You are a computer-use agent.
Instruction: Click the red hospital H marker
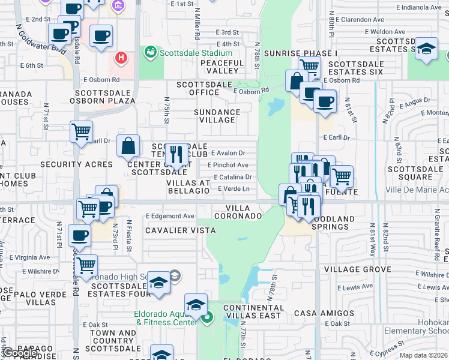[x=121, y=58]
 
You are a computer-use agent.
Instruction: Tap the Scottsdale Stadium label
[x=192, y=52]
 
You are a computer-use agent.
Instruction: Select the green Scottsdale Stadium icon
[x=150, y=52]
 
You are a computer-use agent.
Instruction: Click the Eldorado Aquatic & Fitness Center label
[x=166, y=317]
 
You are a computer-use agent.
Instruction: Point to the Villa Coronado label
[x=238, y=211]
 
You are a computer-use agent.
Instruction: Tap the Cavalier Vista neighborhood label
[x=172, y=230]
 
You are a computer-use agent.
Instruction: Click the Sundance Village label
[x=217, y=116]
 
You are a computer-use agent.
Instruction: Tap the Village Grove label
[x=358, y=270]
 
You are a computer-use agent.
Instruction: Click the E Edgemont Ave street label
[x=170, y=216]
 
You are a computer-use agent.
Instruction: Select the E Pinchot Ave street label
[x=228, y=165]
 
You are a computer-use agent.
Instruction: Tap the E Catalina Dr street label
[x=233, y=177]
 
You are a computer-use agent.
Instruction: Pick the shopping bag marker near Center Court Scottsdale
[x=128, y=145]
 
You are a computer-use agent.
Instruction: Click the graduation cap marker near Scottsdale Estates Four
[x=158, y=283]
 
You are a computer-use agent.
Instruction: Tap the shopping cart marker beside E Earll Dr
[x=81, y=131]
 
